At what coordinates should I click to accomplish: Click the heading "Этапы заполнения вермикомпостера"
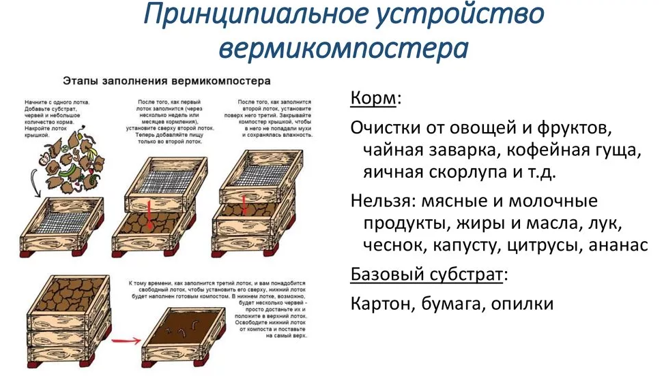click(x=167, y=80)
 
